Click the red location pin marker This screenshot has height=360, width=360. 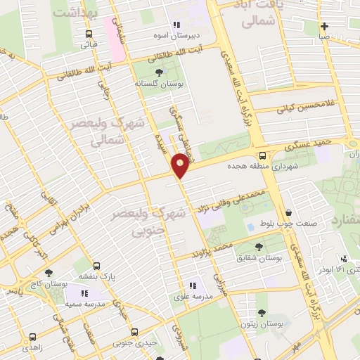point(180,166)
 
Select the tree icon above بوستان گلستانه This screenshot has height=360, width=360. point(158,71)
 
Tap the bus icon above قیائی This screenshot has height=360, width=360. point(89,34)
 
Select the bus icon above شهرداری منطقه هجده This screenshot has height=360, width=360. point(262,156)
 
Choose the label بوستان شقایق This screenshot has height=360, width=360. point(259,258)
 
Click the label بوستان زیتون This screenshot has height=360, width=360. point(262,325)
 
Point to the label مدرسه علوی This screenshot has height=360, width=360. point(191,297)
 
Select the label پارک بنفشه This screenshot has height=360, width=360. point(95,276)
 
